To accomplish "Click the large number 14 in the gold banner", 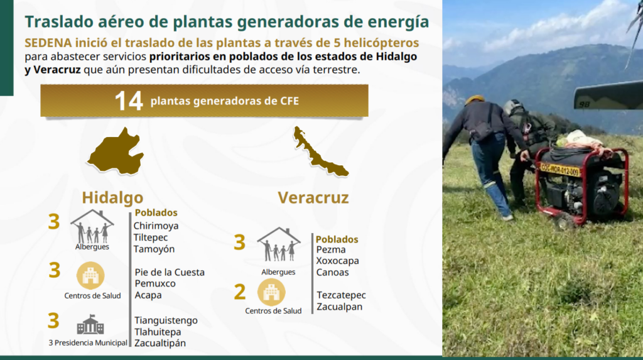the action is (x=128, y=101).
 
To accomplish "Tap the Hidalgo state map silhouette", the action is (x=116, y=151).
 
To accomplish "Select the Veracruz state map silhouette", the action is (x=320, y=152).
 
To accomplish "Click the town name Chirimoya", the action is (x=156, y=226).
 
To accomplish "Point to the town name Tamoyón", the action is (x=154, y=249).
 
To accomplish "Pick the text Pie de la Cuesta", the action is (x=170, y=272).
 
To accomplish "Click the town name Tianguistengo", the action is (x=166, y=320).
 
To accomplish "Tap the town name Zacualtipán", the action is (x=160, y=343).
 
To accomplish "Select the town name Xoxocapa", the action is (x=337, y=261).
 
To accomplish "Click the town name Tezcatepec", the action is (x=341, y=295).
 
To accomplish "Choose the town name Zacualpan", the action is (x=339, y=307).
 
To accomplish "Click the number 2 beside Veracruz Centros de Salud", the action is (x=240, y=292).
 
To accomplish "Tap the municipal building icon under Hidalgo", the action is (x=90, y=325).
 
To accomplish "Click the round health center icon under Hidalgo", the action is (x=90, y=275).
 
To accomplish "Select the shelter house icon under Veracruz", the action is (x=279, y=244).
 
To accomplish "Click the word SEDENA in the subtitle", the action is (x=48, y=43).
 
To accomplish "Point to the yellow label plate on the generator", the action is (x=559, y=169).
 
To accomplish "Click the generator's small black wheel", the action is (x=563, y=221).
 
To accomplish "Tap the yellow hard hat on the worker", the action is (x=475, y=99).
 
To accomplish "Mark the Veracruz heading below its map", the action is (x=313, y=197).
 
